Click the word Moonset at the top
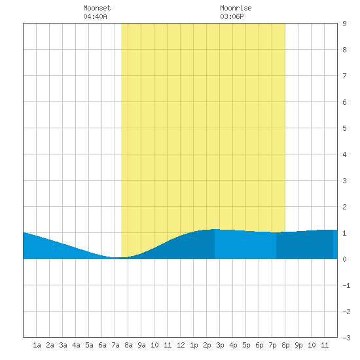point(97,8)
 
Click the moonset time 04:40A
point(95,16)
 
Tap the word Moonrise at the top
point(236,8)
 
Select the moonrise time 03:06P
point(232,16)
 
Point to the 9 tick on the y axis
point(344,24)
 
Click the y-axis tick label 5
point(344,128)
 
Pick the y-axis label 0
point(344,259)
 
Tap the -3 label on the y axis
point(346,338)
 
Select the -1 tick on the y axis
point(346,285)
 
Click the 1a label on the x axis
point(37,345)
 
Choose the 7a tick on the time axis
point(115,345)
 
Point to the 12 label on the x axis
point(181,345)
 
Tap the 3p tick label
point(220,345)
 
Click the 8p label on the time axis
point(285,345)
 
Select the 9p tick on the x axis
point(298,345)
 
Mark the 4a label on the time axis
point(76,345)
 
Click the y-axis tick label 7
point(344,76)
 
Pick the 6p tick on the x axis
point(259,345)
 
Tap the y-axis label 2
point(344,207)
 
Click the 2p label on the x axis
point(207,345)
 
